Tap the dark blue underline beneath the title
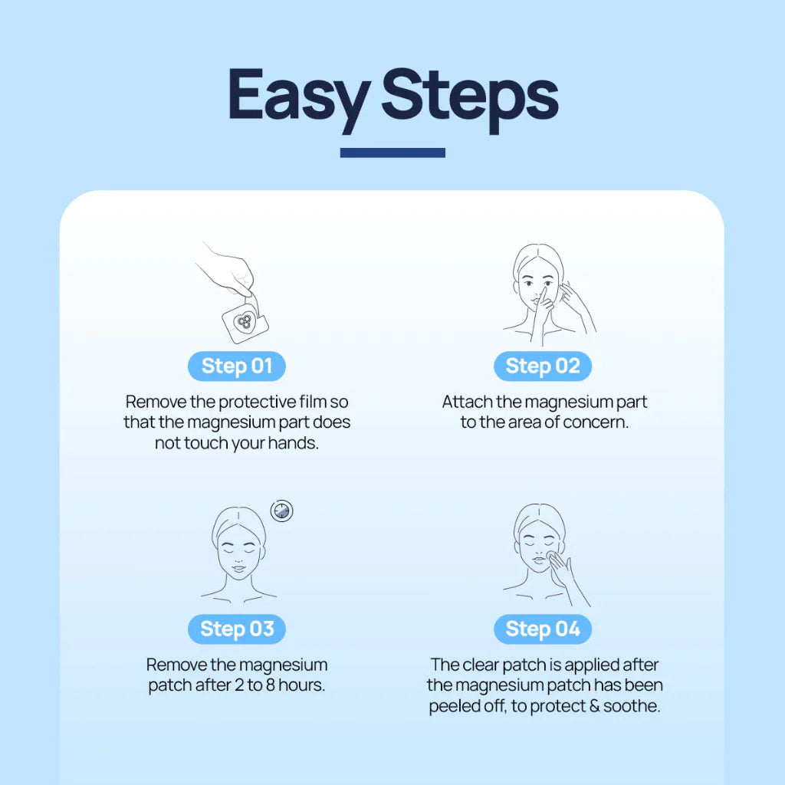[392, 153]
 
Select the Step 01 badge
[237, 366]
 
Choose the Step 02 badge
[543, 366]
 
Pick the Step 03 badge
[237, 629]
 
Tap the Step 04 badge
[543, 629]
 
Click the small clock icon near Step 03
[282, 511]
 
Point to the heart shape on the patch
[245, 322]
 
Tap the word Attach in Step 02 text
[467, 402]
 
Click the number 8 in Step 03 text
[271, 685]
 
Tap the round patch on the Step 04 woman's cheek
[551, 557]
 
